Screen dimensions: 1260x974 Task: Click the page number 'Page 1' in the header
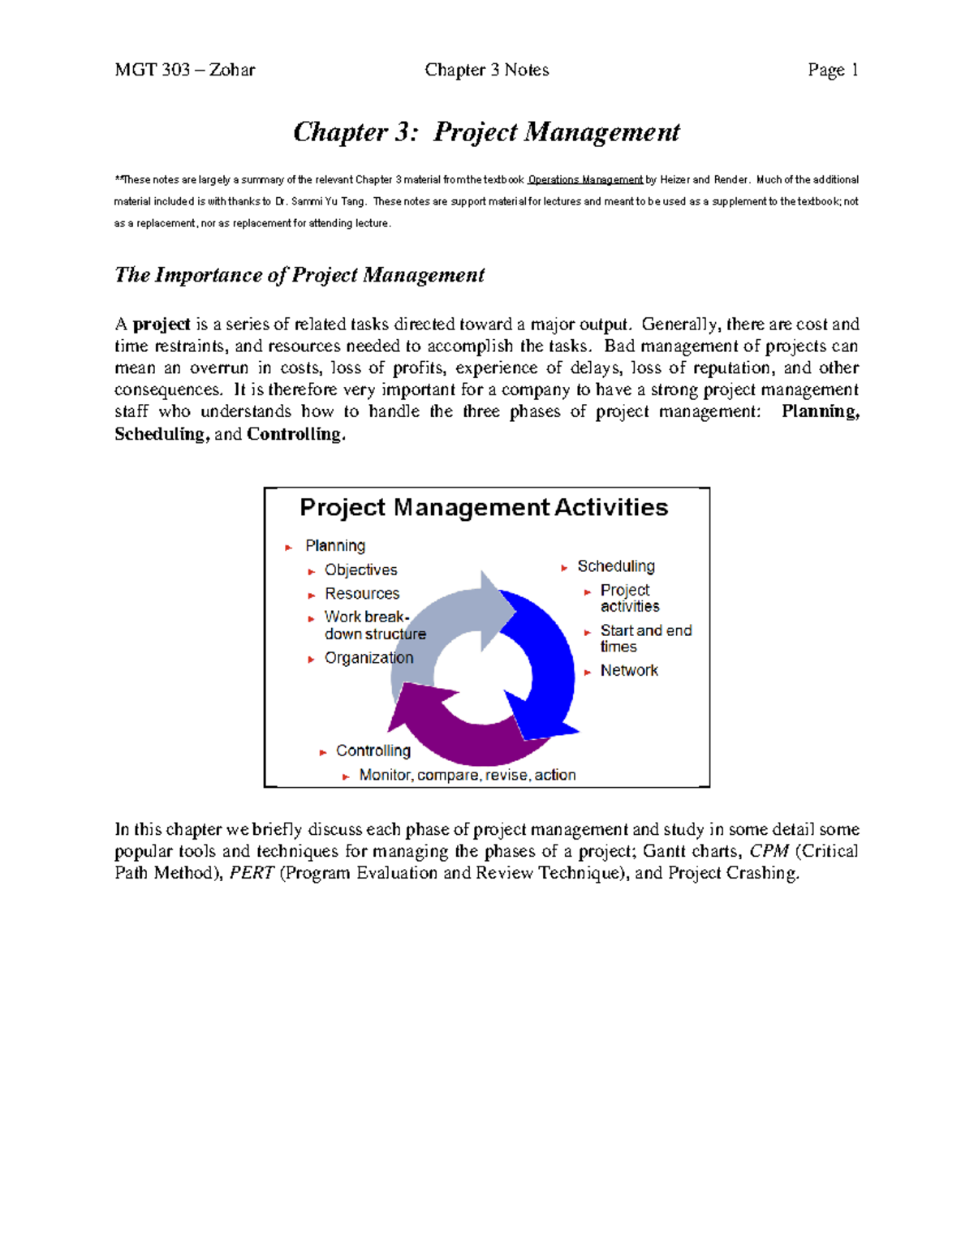833,71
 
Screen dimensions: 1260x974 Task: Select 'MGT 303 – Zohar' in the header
185,71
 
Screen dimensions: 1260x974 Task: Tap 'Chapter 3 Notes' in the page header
486,71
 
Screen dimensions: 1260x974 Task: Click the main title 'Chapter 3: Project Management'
486,132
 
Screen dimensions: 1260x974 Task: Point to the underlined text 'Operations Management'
585,180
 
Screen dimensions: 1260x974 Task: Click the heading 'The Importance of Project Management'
300,275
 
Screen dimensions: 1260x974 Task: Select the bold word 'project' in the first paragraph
162,325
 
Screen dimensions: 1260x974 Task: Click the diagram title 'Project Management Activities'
484,508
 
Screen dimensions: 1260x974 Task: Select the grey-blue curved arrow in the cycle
446,625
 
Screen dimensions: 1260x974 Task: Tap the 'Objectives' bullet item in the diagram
360,570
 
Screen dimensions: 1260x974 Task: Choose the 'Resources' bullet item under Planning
362,594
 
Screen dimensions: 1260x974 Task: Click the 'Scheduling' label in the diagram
615,566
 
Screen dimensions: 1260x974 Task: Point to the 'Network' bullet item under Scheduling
629,671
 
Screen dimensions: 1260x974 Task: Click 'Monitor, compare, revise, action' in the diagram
468,776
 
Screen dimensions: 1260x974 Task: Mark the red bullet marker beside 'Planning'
289,548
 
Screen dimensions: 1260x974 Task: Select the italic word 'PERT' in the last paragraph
252,874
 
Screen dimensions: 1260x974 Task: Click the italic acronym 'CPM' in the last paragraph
769,852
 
